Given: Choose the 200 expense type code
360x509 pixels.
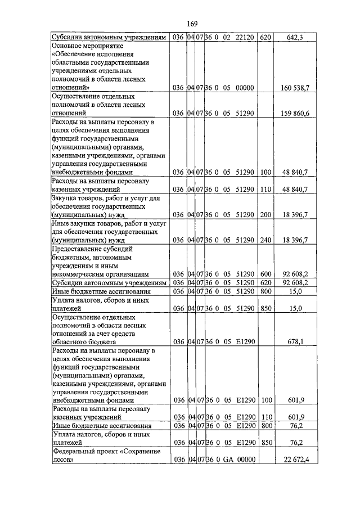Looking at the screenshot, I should (x=266, y=214).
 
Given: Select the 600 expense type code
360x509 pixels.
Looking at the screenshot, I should (x=266, y=273).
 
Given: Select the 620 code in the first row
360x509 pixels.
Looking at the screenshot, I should (x=266, y=37).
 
